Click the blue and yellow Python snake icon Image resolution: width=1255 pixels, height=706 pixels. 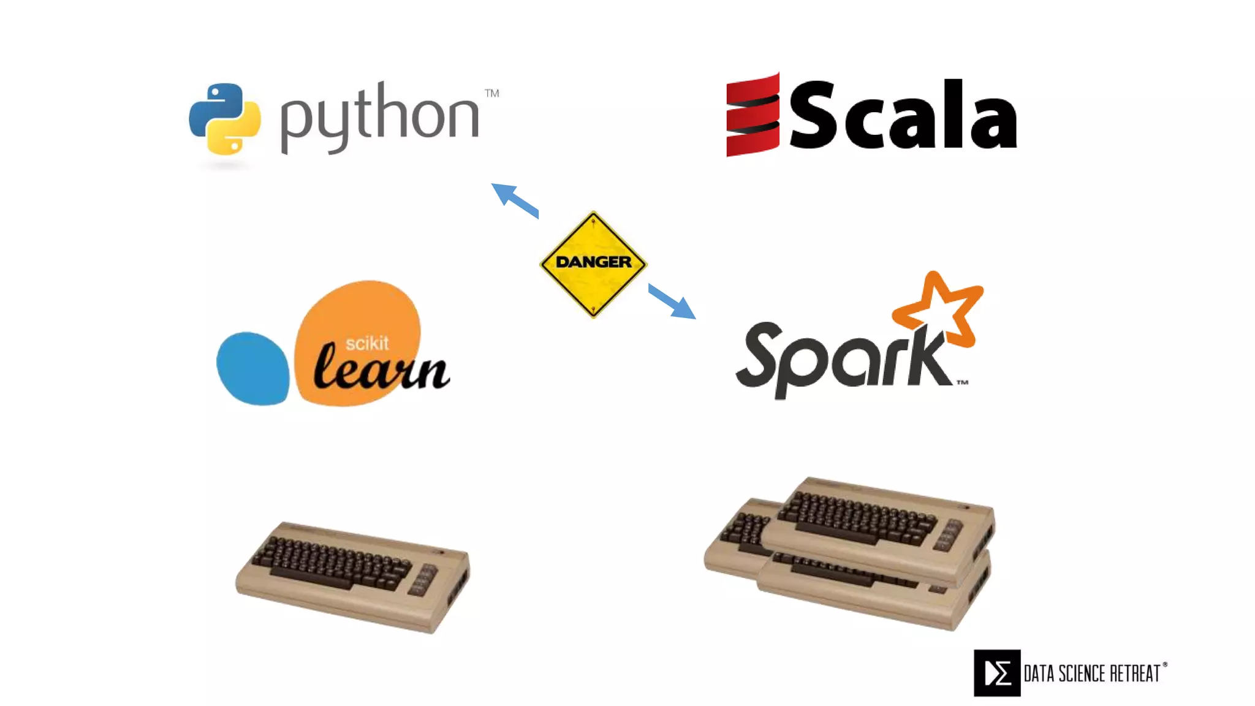[x=224, y=119]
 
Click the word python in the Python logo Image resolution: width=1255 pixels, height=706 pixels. [x=379, y=118]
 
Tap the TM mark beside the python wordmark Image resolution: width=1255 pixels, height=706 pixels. [x=491, y=93]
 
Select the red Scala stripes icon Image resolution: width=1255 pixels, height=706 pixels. [x=753, y=115]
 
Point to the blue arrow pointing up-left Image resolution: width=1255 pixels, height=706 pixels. [x=514, y=199]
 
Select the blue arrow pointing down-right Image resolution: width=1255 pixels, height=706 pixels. [x=672, y=301]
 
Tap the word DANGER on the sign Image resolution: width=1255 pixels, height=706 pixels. [x=593, y=262]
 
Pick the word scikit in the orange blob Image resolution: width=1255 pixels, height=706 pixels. [x=366, y=343]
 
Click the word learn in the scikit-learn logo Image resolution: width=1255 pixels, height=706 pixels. [x=381, y=370]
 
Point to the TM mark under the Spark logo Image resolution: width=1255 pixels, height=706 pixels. [x=962, y=382]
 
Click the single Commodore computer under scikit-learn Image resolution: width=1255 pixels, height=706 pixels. [x=353, y=576]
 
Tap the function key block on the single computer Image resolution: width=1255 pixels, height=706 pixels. [x=423, y=580]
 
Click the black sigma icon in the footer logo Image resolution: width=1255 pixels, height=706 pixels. [x=997, y=673]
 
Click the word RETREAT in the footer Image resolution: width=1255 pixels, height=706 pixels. [x=1135, y=674]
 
